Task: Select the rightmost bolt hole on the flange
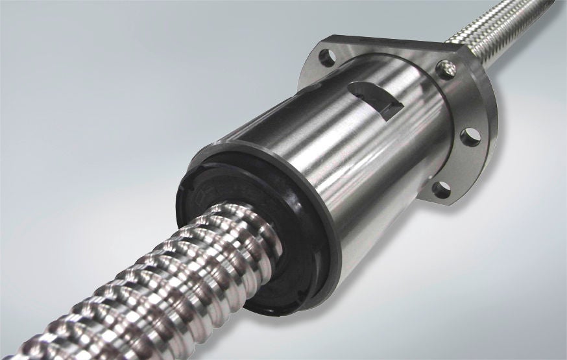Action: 470,136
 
